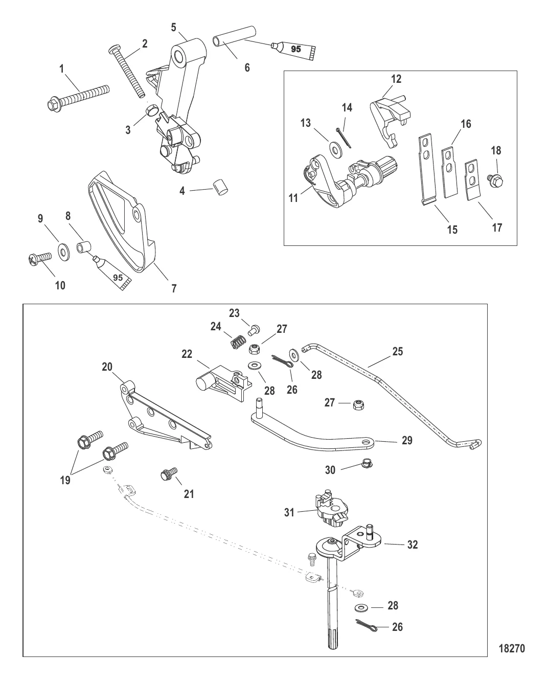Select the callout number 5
[x=174, y=27]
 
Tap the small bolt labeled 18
[x=495, y=180]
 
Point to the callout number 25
[x=397, y=351]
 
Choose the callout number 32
[x=413, y=545]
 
